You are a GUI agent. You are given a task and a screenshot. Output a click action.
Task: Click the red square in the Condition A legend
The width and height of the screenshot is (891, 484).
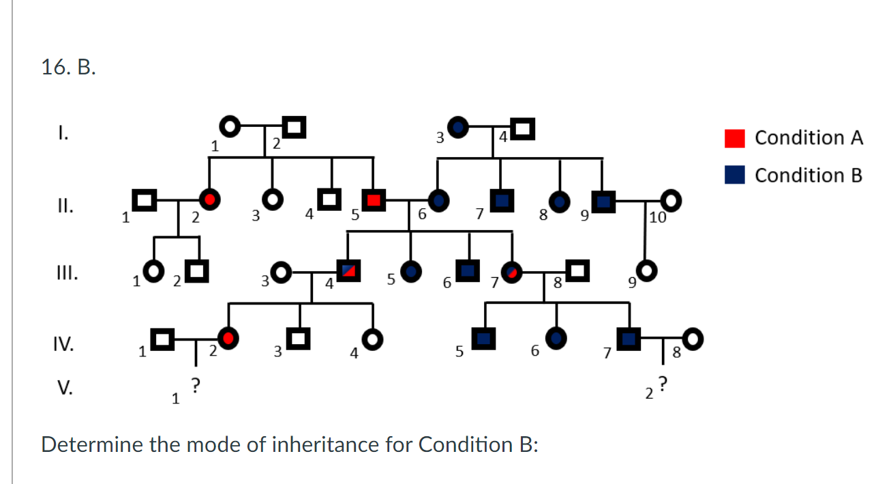[x=735, y=139]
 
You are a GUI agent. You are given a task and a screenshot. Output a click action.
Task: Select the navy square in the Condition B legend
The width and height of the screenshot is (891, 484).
[x=735, y=175]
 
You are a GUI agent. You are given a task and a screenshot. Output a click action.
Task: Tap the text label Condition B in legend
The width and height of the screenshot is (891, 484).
[x=809, y=175]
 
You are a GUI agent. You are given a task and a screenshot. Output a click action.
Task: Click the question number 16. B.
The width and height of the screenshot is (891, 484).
[x=68, y=68]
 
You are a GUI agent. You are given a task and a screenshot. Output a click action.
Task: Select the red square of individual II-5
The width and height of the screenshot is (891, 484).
[x=373, y=201]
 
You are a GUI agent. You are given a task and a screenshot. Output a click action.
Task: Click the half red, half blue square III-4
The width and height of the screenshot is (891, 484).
[x=349, y=271]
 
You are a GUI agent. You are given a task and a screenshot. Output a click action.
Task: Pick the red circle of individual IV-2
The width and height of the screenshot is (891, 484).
[x=229, y=337]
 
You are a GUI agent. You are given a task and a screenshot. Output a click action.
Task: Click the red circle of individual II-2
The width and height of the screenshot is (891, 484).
[x=210, y=200]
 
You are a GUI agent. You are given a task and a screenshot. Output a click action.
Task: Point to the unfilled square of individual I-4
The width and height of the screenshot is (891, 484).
[x=522, y=127]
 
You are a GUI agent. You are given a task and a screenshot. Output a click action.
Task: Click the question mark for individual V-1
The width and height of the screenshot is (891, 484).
[x=195, y=386]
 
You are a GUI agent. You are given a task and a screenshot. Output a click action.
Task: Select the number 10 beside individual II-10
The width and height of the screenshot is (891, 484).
[x=657, y=218]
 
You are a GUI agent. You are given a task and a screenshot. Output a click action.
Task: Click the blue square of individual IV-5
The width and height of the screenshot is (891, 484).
[x=485, y=337]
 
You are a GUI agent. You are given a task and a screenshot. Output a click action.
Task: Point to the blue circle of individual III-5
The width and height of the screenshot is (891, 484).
[x=410, y=271]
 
